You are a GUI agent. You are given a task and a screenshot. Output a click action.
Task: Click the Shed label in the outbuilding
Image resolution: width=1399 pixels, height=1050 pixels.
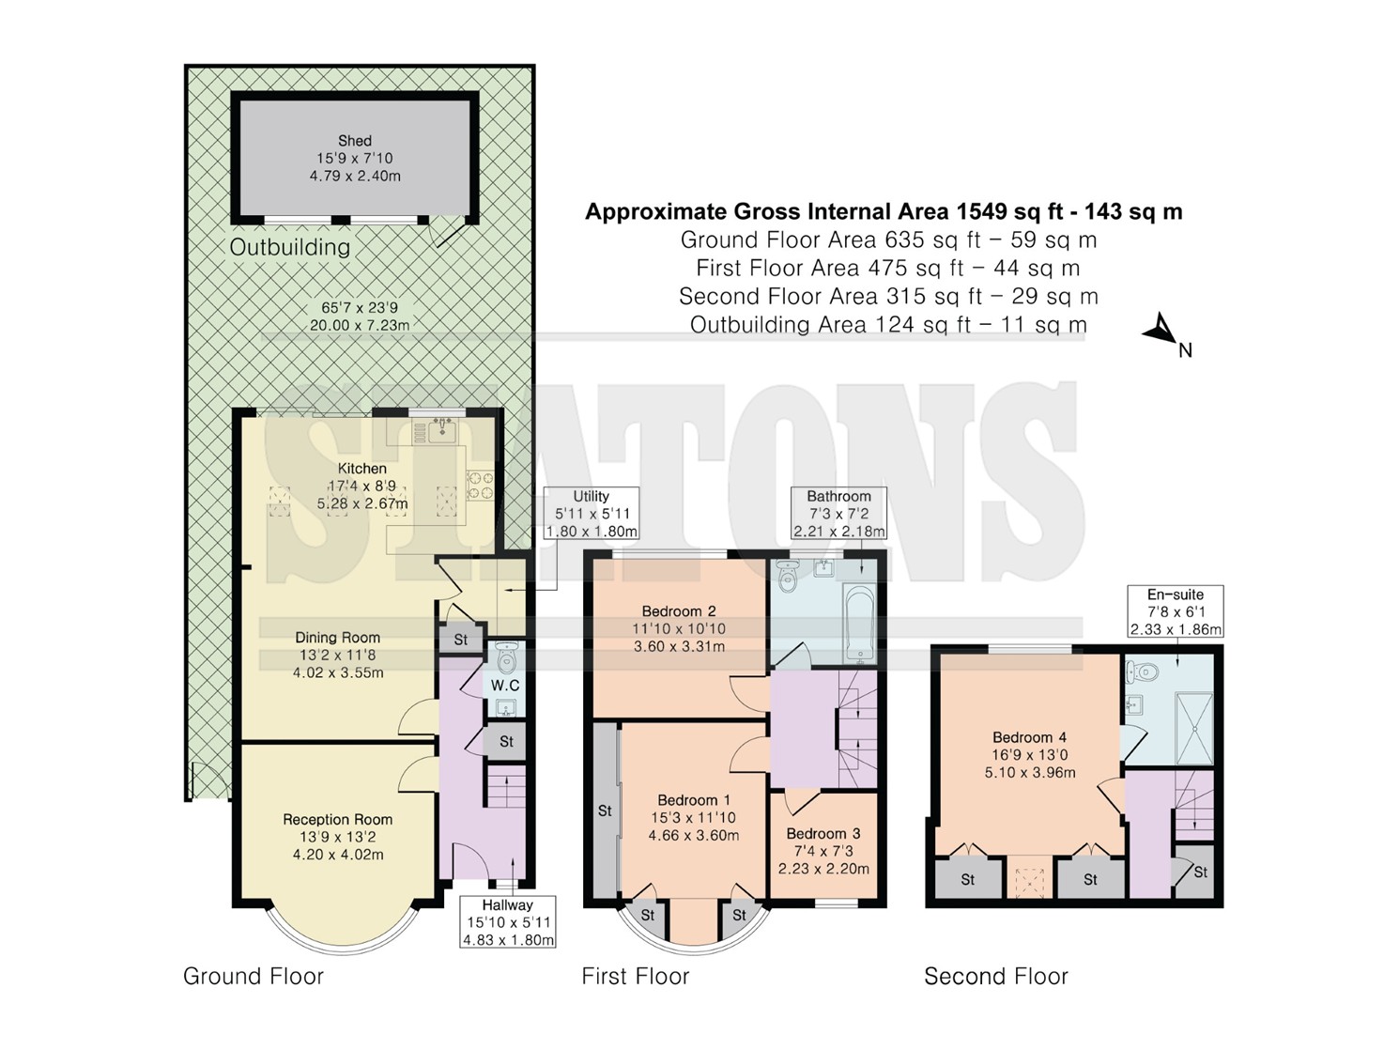pos(354,141)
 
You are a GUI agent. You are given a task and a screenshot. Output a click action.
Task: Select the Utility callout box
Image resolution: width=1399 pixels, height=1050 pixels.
pos(591,513)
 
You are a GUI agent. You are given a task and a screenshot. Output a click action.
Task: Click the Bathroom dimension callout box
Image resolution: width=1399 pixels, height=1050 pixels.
pos(838,513)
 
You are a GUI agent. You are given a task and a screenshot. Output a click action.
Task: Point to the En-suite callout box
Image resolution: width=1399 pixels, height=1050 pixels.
pos(1176,611)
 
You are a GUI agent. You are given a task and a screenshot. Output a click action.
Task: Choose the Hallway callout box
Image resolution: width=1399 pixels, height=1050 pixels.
pos(507,922)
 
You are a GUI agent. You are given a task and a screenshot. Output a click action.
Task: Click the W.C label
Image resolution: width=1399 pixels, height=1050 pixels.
pos(505,686)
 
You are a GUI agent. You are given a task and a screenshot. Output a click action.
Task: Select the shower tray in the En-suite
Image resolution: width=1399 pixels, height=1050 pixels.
pos(1193,728)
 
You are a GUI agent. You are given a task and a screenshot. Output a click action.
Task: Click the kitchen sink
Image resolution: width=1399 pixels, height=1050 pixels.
pos(441,432)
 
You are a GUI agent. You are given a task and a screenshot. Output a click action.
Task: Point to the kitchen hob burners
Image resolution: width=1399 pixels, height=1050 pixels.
pos(480,484)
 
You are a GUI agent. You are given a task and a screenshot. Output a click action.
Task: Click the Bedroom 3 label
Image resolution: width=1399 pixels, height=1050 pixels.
pos(823,834)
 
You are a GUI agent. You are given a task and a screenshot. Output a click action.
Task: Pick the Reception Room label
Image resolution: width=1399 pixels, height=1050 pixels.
pos(338,820)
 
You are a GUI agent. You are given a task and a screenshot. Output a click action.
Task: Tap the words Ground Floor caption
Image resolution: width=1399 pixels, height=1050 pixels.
pos(254,976)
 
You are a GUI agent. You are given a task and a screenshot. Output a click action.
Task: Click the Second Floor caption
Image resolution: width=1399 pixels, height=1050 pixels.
pos(996,976)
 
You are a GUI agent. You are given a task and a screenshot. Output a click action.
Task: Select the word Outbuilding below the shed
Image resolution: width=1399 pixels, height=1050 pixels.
pos(290,247)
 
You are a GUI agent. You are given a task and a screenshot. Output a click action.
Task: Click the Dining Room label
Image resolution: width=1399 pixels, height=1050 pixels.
pos(338,638)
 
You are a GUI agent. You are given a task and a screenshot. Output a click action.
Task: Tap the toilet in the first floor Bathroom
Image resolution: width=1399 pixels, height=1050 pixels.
pos(789,576)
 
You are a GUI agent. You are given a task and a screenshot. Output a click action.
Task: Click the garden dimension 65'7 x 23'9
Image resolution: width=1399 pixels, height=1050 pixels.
pos(360,308)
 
